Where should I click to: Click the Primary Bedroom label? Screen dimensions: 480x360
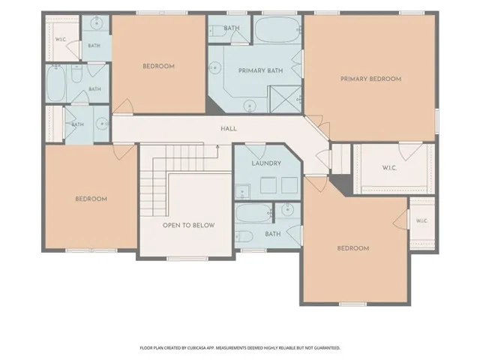370,79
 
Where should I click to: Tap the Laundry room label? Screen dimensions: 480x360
266,163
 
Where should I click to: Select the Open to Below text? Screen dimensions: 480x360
188,225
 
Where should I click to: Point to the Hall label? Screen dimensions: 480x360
229,129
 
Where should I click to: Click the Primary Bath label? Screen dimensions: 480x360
260,70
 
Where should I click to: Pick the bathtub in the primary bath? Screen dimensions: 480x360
277,29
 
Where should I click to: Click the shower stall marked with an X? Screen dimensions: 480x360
285,100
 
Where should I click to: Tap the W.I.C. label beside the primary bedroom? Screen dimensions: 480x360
389,168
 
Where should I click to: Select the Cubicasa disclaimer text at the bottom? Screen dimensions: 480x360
240,348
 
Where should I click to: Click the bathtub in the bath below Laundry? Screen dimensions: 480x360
253,213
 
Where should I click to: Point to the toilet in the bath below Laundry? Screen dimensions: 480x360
244,236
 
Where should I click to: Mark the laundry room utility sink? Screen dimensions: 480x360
242,192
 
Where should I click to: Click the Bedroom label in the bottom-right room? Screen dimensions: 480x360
353,248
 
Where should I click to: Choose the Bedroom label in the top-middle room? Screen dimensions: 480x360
158,67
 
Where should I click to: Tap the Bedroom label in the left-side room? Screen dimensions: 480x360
91,199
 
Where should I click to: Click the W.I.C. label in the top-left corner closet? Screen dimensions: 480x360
61,40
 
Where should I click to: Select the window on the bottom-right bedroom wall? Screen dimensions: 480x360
353,304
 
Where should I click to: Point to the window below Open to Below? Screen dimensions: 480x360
187,259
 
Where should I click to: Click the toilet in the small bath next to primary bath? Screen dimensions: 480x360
217,31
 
